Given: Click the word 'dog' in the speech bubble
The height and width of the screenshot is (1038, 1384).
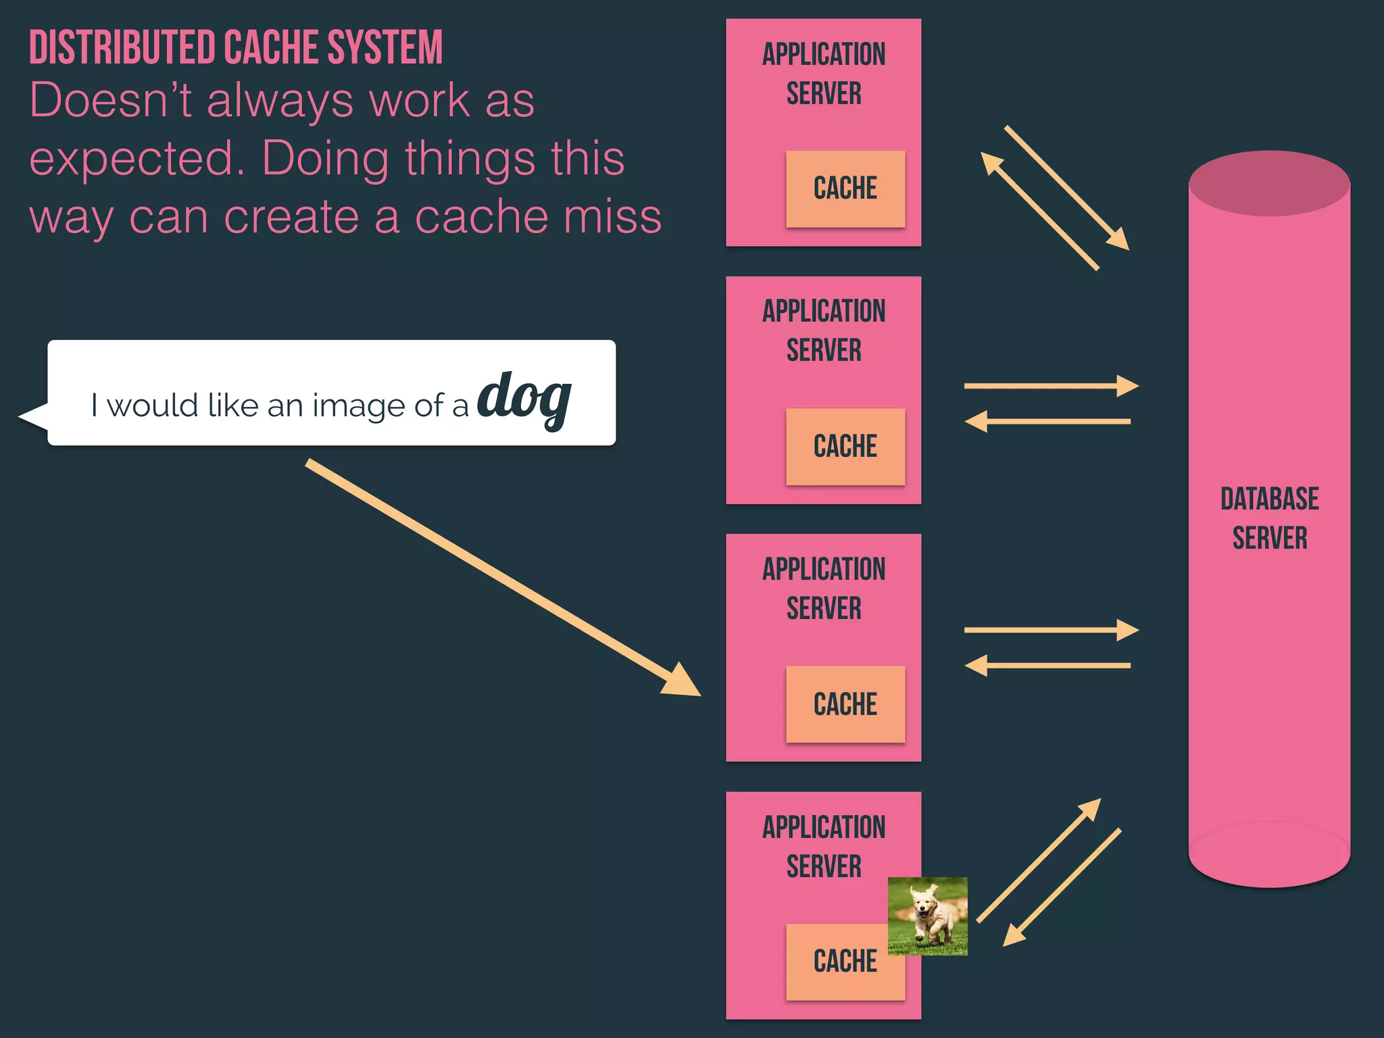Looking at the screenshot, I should pos(524,397).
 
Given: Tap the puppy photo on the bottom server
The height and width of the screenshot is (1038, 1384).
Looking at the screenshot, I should pos(928,916).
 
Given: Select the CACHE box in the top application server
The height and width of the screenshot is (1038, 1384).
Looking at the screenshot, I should pos(845,189).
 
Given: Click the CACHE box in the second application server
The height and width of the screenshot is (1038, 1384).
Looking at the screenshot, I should pos(845,447).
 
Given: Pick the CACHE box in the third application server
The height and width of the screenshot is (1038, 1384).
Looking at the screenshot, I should pos(845,704).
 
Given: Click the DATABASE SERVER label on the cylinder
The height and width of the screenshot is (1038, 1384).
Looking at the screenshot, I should pos(1269,518).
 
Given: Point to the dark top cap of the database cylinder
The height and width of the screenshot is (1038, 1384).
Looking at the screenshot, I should pos(1269,183).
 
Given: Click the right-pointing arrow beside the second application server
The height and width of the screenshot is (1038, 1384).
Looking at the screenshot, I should pos(1051,386).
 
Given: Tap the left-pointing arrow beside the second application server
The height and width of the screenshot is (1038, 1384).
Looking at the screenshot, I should pos(1047,422).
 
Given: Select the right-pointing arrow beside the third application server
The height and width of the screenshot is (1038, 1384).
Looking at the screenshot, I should pos(1051,630).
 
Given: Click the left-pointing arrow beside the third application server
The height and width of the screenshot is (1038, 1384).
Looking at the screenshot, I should pos(1047,666).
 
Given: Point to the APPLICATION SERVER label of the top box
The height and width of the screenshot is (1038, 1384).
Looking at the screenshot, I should pos(824,74).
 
